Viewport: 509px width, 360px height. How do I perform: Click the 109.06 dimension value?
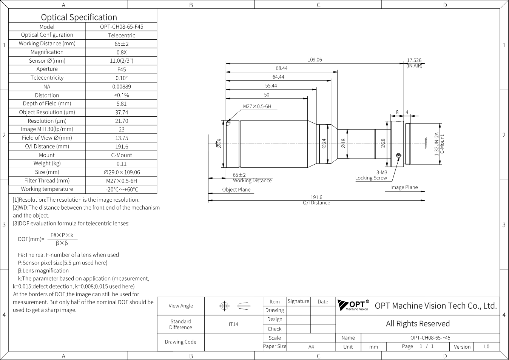coord(315,60)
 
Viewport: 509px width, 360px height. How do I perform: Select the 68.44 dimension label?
coord(282,68)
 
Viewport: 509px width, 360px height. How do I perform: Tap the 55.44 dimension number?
coord(271,86)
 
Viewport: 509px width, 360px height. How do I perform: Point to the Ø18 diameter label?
coord(343,144)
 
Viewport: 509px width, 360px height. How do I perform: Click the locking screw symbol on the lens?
coord(398,156)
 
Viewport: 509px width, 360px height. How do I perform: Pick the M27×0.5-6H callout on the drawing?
coord(257,107)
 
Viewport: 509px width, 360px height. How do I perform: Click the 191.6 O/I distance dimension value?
coord(316,197)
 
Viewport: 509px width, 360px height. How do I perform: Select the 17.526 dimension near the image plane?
coord(414,60)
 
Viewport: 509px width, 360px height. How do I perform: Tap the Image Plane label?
coord(404,187)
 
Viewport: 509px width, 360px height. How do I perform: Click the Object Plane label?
coord(236,190)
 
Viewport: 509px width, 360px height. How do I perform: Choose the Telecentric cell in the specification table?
coord(122,36)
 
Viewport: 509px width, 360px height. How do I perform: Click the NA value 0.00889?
coord(122,87)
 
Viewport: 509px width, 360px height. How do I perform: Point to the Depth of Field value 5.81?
coord(122,104)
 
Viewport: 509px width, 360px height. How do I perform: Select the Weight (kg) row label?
coord(47,164)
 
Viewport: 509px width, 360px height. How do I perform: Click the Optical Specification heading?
coord(79,17)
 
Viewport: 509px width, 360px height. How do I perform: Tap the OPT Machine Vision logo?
coord(353,305)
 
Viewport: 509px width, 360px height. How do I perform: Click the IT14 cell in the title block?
coord(233,324)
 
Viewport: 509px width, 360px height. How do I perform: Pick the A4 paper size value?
coord(311,347)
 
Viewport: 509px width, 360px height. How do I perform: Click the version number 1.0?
coord(486,347)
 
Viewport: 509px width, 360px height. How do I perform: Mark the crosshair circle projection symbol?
coord(224,306)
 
